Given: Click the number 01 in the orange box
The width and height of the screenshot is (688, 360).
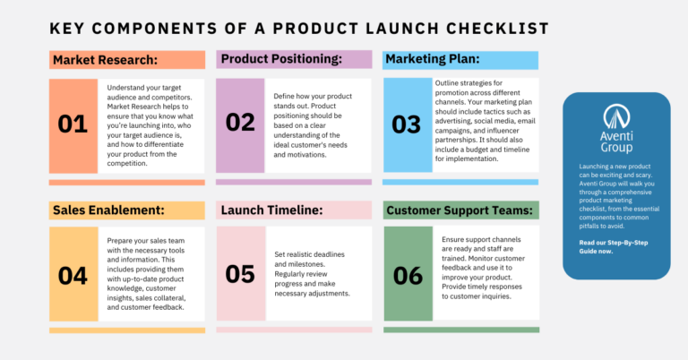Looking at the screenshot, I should (73, 124).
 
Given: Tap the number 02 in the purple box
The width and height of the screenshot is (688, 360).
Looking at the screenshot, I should (240, 123).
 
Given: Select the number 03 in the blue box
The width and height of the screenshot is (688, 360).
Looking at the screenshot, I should (407, 124).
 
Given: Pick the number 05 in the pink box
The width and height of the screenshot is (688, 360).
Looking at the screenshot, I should (240, 274).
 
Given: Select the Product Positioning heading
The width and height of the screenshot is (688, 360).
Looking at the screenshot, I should (281, 59).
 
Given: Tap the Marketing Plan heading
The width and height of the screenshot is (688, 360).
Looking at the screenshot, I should (432, 59).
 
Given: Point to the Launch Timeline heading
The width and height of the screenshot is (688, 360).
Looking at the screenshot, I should (272, 210).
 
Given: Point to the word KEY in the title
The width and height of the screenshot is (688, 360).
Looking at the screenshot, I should (71, 28).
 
